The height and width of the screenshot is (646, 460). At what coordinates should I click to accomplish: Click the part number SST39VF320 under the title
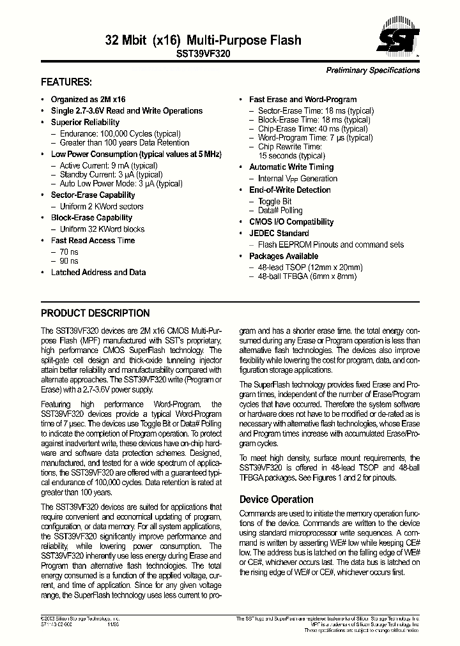click(203, 55)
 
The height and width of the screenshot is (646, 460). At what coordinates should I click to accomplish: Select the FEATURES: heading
click(66, 82)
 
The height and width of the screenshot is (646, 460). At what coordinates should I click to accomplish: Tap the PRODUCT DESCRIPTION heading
click(95, 313)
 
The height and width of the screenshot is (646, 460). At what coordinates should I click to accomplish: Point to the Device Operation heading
click(276, 499)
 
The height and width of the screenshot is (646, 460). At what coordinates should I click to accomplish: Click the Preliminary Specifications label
click(373, 70)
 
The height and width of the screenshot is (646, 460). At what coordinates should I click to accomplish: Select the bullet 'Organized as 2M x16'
click(88, 100)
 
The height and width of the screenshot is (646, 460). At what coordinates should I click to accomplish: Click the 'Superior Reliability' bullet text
click(85, 122)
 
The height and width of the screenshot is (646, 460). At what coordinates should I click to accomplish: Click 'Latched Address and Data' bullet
click(98, 272)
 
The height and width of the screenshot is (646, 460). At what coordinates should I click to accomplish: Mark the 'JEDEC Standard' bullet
click(279, 233)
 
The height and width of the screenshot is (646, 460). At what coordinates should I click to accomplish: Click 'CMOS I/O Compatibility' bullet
click(291, 222)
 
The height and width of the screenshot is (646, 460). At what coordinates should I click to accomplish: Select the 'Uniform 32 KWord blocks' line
click(102, 229)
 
